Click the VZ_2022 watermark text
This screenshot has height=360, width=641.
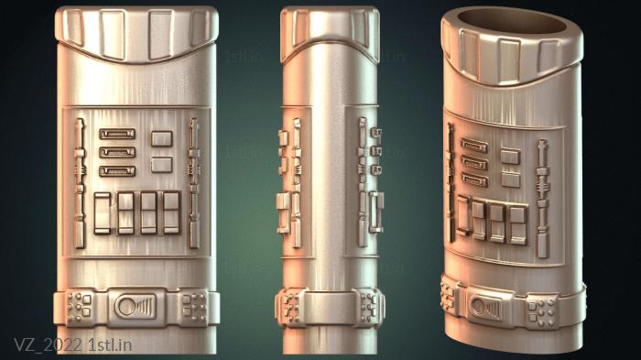pos(48,344)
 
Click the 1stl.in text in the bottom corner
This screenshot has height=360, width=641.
pos(110,344)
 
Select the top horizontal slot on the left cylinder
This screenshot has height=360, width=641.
pos(117,134)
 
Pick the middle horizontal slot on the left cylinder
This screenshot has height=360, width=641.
pos(117,153)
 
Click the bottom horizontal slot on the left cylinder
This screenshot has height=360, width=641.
pos(117,171)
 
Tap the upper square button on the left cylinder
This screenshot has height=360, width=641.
pos(162,138)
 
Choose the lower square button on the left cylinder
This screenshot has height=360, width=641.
pos(162,165)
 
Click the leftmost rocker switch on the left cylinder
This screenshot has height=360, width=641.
pos(103,213)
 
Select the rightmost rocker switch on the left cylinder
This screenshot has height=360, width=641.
pos(172,213)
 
